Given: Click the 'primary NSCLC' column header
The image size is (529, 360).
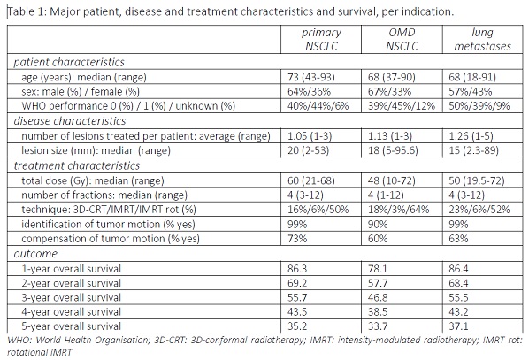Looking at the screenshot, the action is coord(321,39).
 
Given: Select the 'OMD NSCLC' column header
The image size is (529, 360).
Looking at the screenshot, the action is coord(402,39).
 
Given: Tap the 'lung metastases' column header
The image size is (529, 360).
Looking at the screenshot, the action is coord(482,39).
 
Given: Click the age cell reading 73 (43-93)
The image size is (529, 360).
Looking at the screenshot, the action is coord(311,77).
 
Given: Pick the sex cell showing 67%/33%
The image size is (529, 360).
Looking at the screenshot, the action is coord(389,91).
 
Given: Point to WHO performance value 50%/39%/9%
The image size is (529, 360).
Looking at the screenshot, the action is coord(479,106).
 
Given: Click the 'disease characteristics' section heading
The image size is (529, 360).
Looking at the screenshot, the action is coord(70,121).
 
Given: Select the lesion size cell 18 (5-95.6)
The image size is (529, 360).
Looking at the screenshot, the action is coord(393,150).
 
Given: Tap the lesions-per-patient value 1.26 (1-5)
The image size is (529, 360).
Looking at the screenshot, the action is coord(471,136).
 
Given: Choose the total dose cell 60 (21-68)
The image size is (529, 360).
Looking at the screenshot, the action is coord(311,180).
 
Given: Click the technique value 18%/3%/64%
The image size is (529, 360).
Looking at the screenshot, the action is coord(398,210).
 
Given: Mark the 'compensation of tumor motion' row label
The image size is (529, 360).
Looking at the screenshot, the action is coord(111,239).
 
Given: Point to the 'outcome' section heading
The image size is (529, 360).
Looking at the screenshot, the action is coord(35,254).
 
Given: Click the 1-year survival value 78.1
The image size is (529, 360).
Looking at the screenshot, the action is coord(378,269).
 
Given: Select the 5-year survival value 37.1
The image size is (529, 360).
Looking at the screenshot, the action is coord(458,326).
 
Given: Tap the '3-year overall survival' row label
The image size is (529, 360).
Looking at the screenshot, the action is coord(71,297).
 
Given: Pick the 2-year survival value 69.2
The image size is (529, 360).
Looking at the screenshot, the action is coord(297,283).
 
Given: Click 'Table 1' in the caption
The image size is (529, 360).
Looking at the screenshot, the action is coord(27,11).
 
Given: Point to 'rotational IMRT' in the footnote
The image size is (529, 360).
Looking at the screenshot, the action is coord(40,352).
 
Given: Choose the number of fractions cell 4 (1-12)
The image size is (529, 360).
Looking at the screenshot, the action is coord(386,195).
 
